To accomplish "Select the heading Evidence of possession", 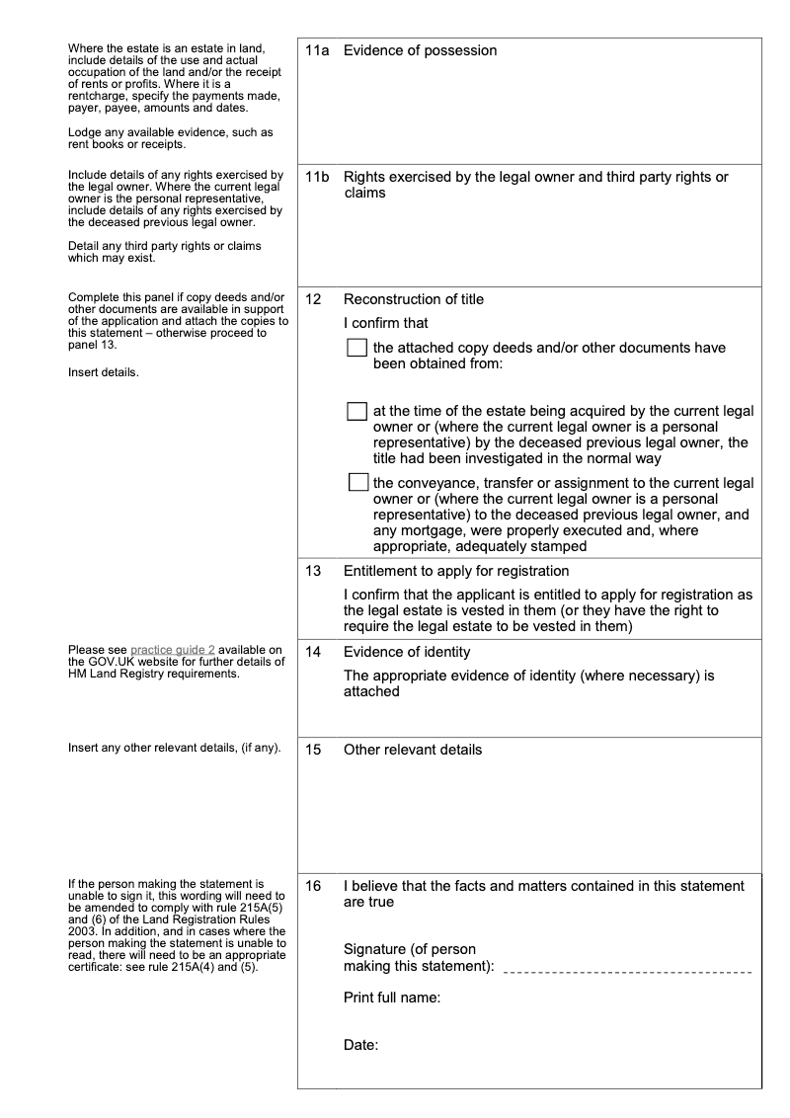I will tap(420, 50).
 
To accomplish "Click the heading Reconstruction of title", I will tap(413, 299).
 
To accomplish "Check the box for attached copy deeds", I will tap(357, 348).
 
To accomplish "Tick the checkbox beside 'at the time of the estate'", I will tap(357, 411).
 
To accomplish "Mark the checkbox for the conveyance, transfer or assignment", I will tap(357, 483).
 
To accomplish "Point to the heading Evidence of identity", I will tap(407, 652).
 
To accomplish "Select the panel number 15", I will tap(313, 750).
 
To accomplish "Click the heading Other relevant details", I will tap(413, 750).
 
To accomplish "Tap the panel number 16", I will tap(313, 887).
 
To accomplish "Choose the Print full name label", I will tap(391, 998).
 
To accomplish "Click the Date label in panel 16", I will tap(361, 1044).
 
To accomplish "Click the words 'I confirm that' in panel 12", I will tap(385, 323).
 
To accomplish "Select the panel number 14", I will tap(313, 652).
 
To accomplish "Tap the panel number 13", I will tap(313, 571).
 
